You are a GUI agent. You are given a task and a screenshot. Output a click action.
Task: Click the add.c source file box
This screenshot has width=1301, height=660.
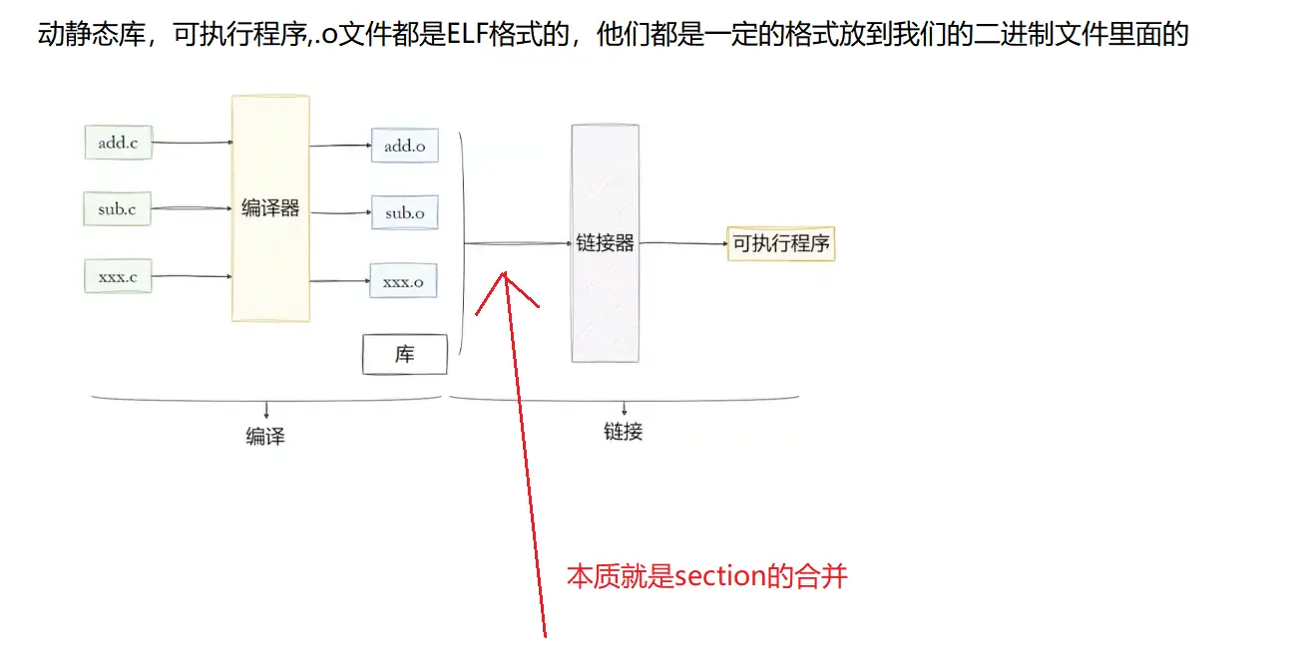119,143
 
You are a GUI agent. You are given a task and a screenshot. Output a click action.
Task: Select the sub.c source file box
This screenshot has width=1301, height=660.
118,208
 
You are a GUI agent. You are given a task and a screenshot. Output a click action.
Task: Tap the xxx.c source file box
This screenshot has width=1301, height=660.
118,276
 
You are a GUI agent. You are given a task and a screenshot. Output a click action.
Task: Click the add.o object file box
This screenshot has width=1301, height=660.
405,146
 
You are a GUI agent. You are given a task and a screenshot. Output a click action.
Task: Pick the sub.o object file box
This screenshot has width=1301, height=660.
405,212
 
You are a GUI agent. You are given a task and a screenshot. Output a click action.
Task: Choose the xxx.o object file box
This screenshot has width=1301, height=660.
404,281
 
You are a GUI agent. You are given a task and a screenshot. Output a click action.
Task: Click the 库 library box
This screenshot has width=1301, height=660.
405,354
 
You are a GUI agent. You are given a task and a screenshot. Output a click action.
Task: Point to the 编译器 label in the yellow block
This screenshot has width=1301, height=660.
270,207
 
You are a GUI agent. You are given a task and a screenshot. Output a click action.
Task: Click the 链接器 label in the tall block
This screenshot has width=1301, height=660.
605,243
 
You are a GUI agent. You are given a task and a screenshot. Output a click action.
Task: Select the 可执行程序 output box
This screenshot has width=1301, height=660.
781,244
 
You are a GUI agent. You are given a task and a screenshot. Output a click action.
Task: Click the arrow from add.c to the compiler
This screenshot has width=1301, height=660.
193,143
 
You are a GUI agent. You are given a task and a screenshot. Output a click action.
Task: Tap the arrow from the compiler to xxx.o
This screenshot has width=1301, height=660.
340,281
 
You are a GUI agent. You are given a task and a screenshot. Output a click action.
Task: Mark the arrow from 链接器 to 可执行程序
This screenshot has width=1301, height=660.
683,243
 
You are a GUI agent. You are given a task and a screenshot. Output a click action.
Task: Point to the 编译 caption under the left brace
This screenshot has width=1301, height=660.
265,436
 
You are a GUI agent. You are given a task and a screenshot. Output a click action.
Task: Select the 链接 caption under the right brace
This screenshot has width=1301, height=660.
624,432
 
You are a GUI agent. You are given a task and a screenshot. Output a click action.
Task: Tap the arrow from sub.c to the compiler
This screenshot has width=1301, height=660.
192,207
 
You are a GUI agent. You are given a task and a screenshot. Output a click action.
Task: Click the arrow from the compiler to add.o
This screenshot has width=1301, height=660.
340,146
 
